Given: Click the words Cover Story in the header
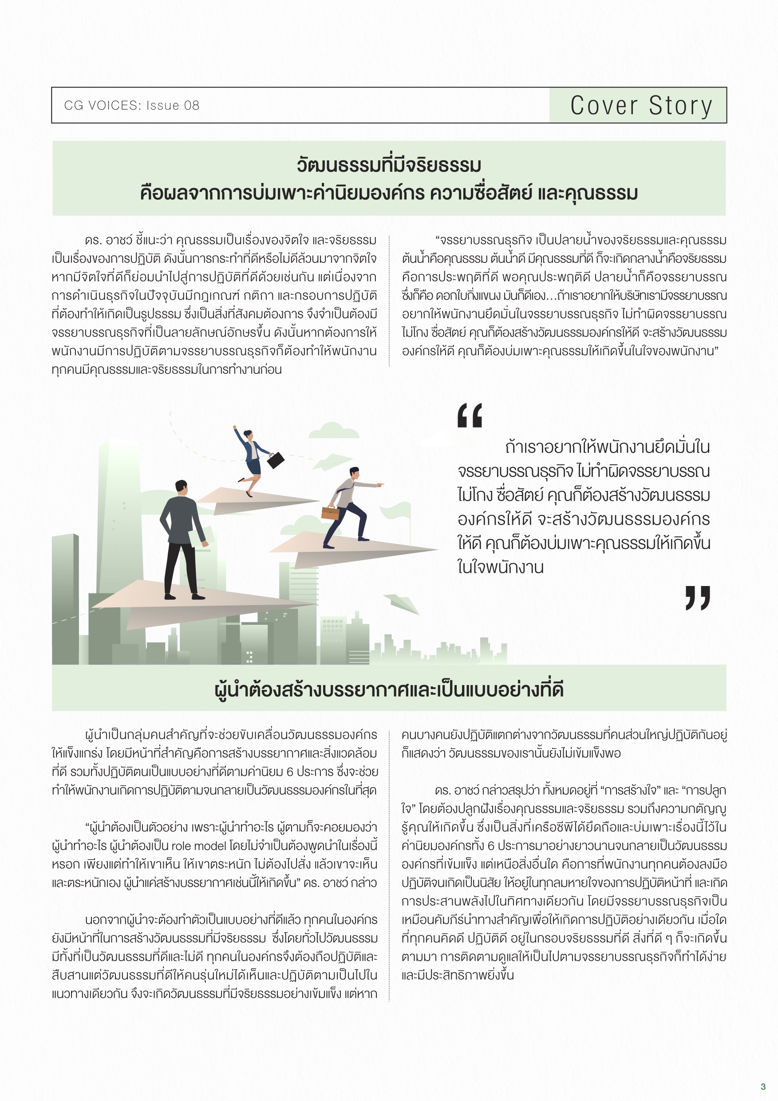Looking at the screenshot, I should pyautogui.click(x=641, y=106).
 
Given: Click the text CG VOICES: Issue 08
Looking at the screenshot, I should pyautogui.click(x=131, y=106).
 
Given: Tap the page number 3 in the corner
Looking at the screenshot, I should pyautogui.click(x=762, y=1086).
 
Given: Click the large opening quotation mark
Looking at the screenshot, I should pyautogui.click(x=469, y=415).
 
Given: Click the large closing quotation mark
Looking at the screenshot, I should pyautogui.click(x=698, y=598).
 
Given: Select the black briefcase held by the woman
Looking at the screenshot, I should pyautogui.click(x=275, y=460).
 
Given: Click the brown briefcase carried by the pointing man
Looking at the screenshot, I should pyautogui.click(x=330, y=513).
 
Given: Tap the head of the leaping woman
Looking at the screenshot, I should pyautogui.click(x=248, y=434).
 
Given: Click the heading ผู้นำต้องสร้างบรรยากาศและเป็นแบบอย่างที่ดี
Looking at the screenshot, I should pyautogui.click(x=389, y=689).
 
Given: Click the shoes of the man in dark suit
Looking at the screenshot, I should pyautogui.click(x=185, y=597).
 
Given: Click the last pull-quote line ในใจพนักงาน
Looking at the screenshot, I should pyautogui.click(x=500, y=567).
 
